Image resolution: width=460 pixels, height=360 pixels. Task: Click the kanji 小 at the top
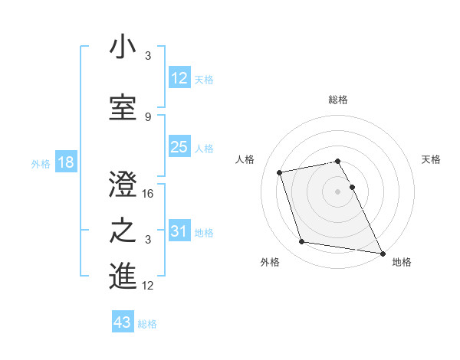(x=123, y=47)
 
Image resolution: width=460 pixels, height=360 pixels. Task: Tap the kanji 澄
(x=123, y=185)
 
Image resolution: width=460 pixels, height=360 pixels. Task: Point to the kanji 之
(x=123, y=231)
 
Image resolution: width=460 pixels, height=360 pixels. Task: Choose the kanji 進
(x=123, y=277)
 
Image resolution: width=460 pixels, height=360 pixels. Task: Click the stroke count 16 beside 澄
(x=149, y=194)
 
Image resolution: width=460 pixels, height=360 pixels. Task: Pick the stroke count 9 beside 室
(x=148, y=116)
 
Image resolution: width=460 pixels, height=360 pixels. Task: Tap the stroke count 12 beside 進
(x=149, y=286)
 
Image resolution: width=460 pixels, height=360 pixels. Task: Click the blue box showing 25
(x=179, y=148)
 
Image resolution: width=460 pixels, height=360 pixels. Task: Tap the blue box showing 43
(x=122, y=323)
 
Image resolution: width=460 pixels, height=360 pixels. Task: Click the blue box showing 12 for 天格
(x=179, y=79)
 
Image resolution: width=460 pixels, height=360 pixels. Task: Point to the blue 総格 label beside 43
(x=147, y=324)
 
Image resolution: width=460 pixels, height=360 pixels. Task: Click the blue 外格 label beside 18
(x=40, y=164)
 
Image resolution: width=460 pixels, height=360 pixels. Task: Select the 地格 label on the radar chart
(x=402, y=262)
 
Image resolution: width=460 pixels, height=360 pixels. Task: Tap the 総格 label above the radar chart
(x=338, y=100)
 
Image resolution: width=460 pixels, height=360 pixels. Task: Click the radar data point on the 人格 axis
(x=280, y=172)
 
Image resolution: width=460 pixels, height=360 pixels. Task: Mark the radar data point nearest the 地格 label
(x=382, y=252)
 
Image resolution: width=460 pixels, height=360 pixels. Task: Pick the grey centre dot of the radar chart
(x=338, y=191)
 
